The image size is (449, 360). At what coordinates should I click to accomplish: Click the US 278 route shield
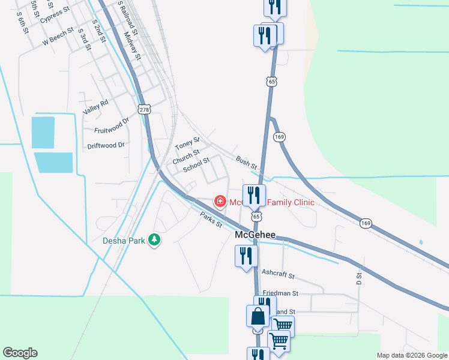click(x=143, y=109)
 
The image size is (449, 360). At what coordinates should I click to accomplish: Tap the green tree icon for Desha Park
click(x=155, y=240)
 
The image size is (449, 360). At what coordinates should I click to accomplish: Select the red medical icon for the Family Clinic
click(x=220, y=200)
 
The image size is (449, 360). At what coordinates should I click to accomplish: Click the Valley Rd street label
click(x=96, y=107)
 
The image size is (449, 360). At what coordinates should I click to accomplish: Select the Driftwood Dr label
click(x=106, y=145)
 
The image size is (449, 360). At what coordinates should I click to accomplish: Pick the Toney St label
click(x=187, y=144)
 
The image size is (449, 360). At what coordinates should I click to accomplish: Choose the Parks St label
click(x=211, y=220)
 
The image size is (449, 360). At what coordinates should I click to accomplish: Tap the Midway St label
click(x=132, y=46)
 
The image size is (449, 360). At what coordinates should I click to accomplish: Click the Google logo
click(x=20, y=353)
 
